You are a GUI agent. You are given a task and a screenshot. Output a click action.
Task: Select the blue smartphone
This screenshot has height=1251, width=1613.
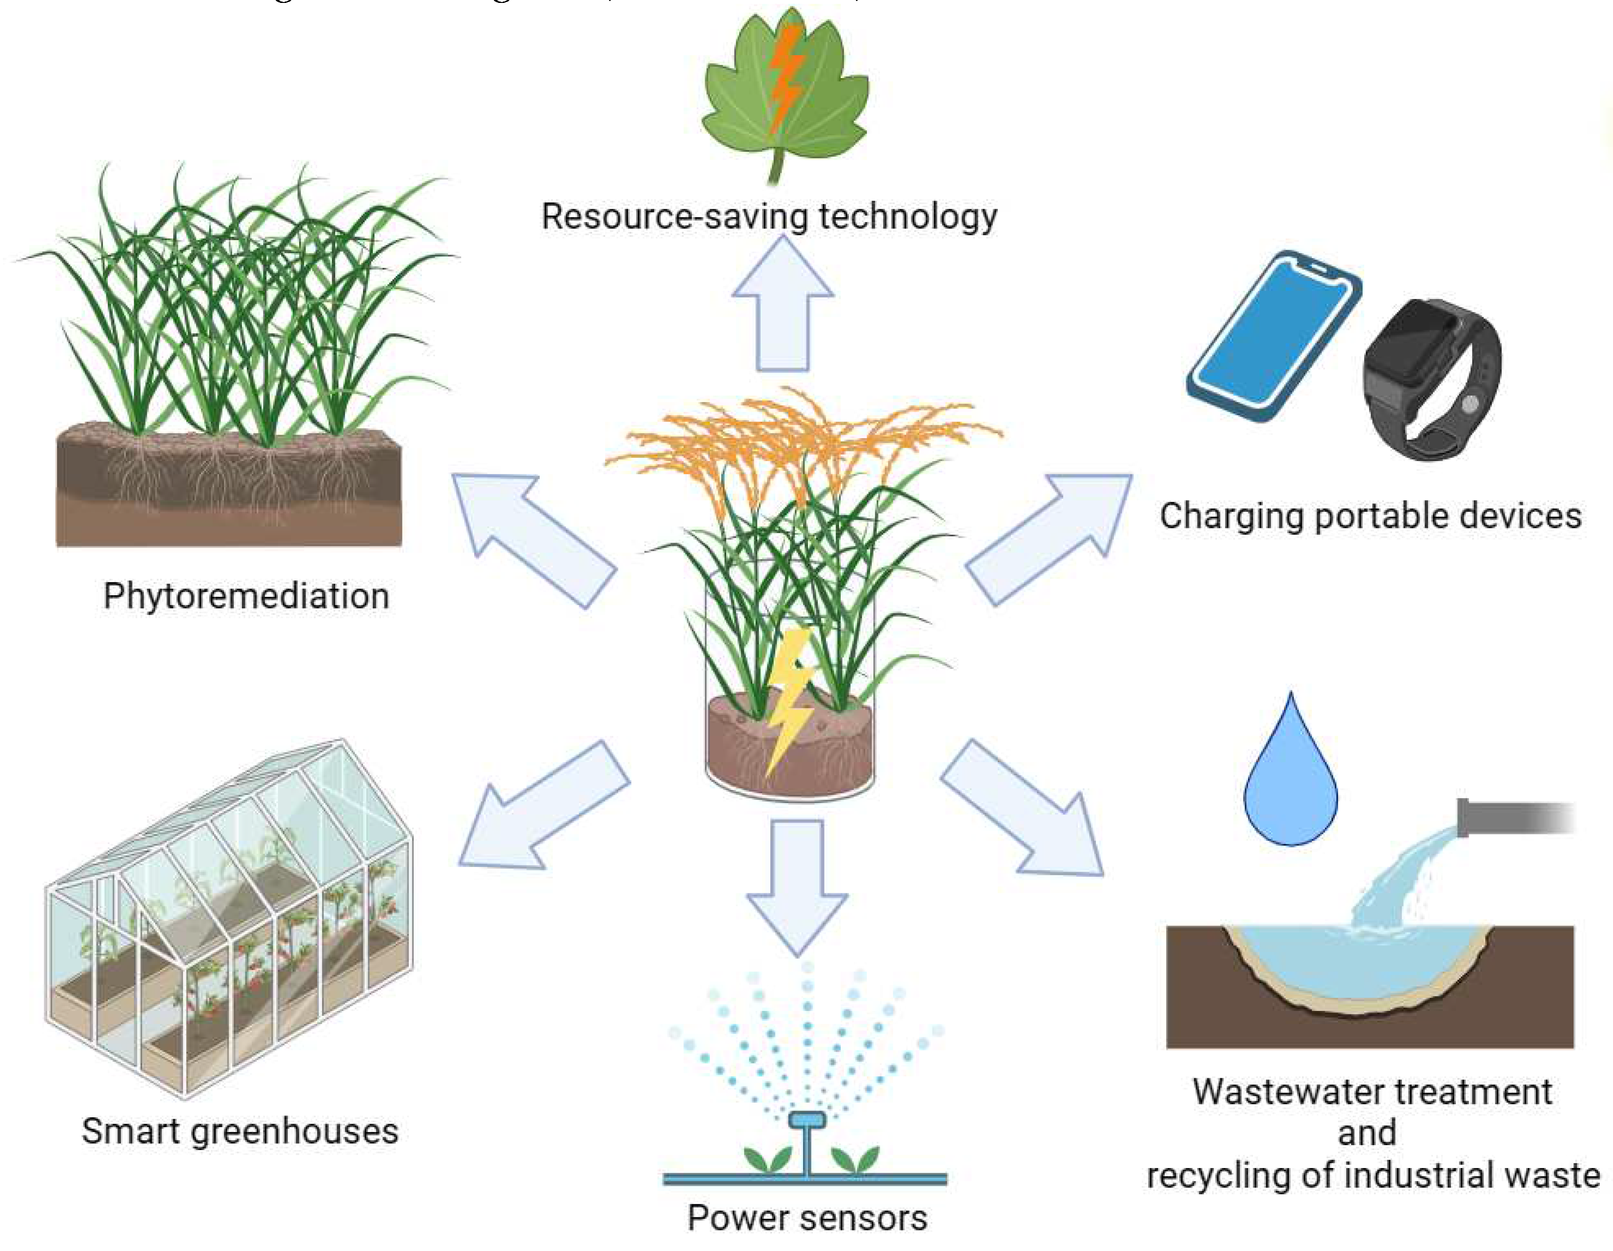coord(1274,336)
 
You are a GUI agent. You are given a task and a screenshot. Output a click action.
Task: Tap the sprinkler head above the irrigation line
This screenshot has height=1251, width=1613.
coord(806,1120)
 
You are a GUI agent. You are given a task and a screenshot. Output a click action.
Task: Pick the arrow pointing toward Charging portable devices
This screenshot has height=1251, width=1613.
coord(1049,539)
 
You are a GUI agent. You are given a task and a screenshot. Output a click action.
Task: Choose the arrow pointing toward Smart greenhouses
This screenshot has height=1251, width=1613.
coord(543,805)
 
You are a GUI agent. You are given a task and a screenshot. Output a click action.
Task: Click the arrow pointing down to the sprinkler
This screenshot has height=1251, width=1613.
coord(798,886)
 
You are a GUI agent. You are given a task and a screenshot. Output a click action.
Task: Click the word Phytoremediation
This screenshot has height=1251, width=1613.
coord(246,596)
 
